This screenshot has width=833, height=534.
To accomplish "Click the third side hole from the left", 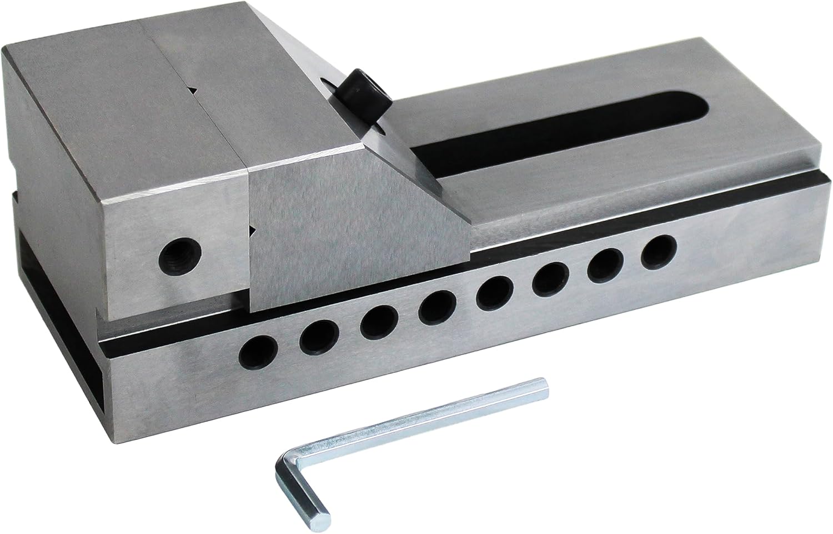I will click(379, 322).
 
